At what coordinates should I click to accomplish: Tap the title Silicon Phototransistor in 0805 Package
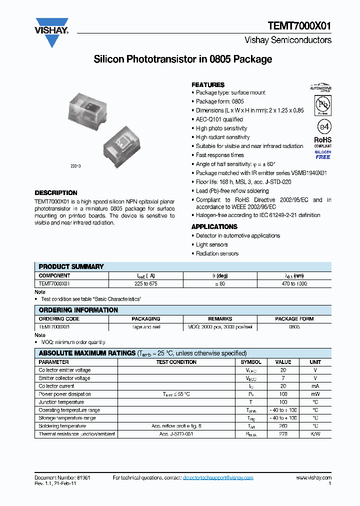tap(183, 59)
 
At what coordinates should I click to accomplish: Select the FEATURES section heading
tap(208, 85)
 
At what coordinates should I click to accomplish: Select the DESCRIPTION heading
tap(56, 193)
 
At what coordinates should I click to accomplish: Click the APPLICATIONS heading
tap(214, 227)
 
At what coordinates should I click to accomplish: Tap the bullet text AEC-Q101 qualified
tap(219, 119)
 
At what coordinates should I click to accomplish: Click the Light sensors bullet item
tap(211, 244)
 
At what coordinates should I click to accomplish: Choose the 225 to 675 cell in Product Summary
tap(146, 283)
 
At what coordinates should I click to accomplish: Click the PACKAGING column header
tap(146, 319)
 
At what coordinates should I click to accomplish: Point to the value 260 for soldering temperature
tap(283, 426)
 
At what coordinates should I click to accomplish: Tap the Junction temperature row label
tap(61, 402)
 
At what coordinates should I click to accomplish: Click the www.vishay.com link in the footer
tap(313, 478)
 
